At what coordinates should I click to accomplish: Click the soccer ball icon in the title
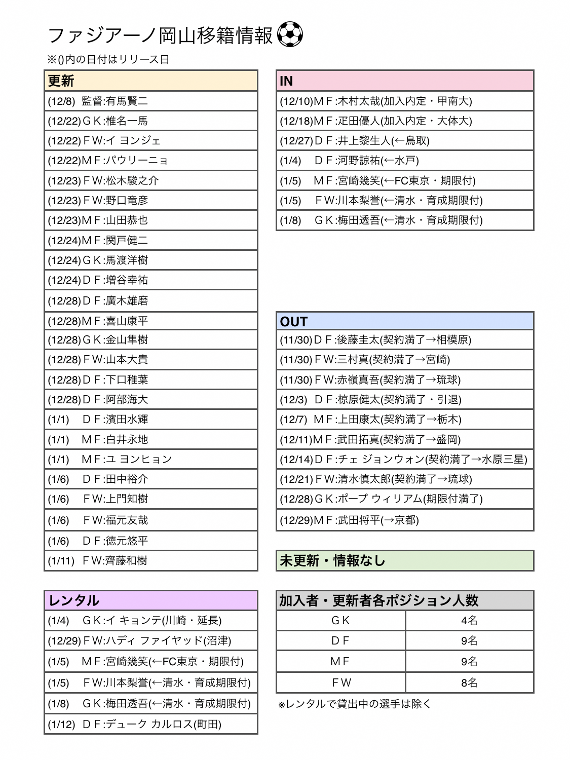click(x=290, y=35)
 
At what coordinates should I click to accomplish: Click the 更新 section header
click(x=151, y=81)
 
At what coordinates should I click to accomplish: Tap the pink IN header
click(x=405, y=81)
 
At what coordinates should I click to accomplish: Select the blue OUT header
click(x=405, y=321)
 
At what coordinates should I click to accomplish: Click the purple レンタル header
click(x=151, y=600)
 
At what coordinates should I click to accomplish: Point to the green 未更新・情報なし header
click(x=405, y=560)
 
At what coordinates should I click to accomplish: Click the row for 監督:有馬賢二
click(x=151, y=101)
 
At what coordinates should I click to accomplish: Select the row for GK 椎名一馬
click(x=151, y=121)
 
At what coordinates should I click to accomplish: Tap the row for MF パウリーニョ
click(x=151, y=161)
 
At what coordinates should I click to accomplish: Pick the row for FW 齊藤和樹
click(x=151, y=561)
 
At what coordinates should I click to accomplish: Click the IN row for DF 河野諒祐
click(x=405, y=161)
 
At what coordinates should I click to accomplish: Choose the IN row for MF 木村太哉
click(x=405, y=101)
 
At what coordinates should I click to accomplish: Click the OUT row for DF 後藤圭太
click(x=405, y=339)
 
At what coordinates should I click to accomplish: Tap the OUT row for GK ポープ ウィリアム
click(x=405, y=499)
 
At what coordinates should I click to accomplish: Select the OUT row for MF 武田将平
click(x=405, y=520)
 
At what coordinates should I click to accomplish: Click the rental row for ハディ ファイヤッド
click(x=151, y=640)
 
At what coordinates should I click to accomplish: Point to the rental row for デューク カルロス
click(x=151, y=724)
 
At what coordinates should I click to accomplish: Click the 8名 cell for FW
click(x=469, y=682)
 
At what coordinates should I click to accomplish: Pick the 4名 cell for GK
click(x=469, y=620)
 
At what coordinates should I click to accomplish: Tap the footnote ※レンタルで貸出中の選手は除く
click(x=355, y=704)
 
